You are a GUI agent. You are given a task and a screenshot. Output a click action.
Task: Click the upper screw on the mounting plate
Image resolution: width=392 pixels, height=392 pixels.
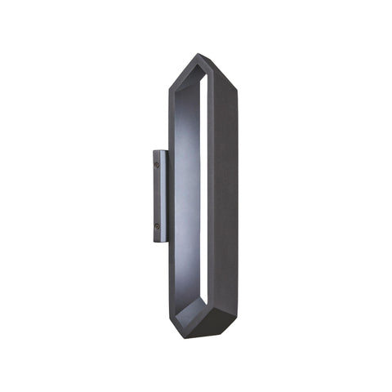click(157, 164)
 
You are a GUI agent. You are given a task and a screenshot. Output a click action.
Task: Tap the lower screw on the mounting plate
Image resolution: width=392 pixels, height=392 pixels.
click(157, 225)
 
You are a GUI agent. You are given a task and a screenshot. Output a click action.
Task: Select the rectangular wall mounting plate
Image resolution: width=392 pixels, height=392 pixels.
click(158, 196)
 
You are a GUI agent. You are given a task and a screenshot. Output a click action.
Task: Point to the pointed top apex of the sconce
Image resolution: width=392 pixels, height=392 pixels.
click(198, 55)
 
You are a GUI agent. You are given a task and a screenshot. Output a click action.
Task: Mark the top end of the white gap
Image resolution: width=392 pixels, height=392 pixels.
click(199, 78)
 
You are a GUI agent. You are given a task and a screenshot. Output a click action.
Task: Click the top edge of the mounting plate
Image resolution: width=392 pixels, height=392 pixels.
click(159, 150)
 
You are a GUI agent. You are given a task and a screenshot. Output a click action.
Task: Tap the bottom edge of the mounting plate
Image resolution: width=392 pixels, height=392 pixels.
click(159, 243)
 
